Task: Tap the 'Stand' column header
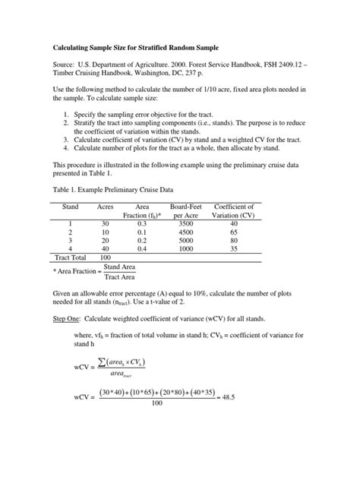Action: (x=70, y=207)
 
